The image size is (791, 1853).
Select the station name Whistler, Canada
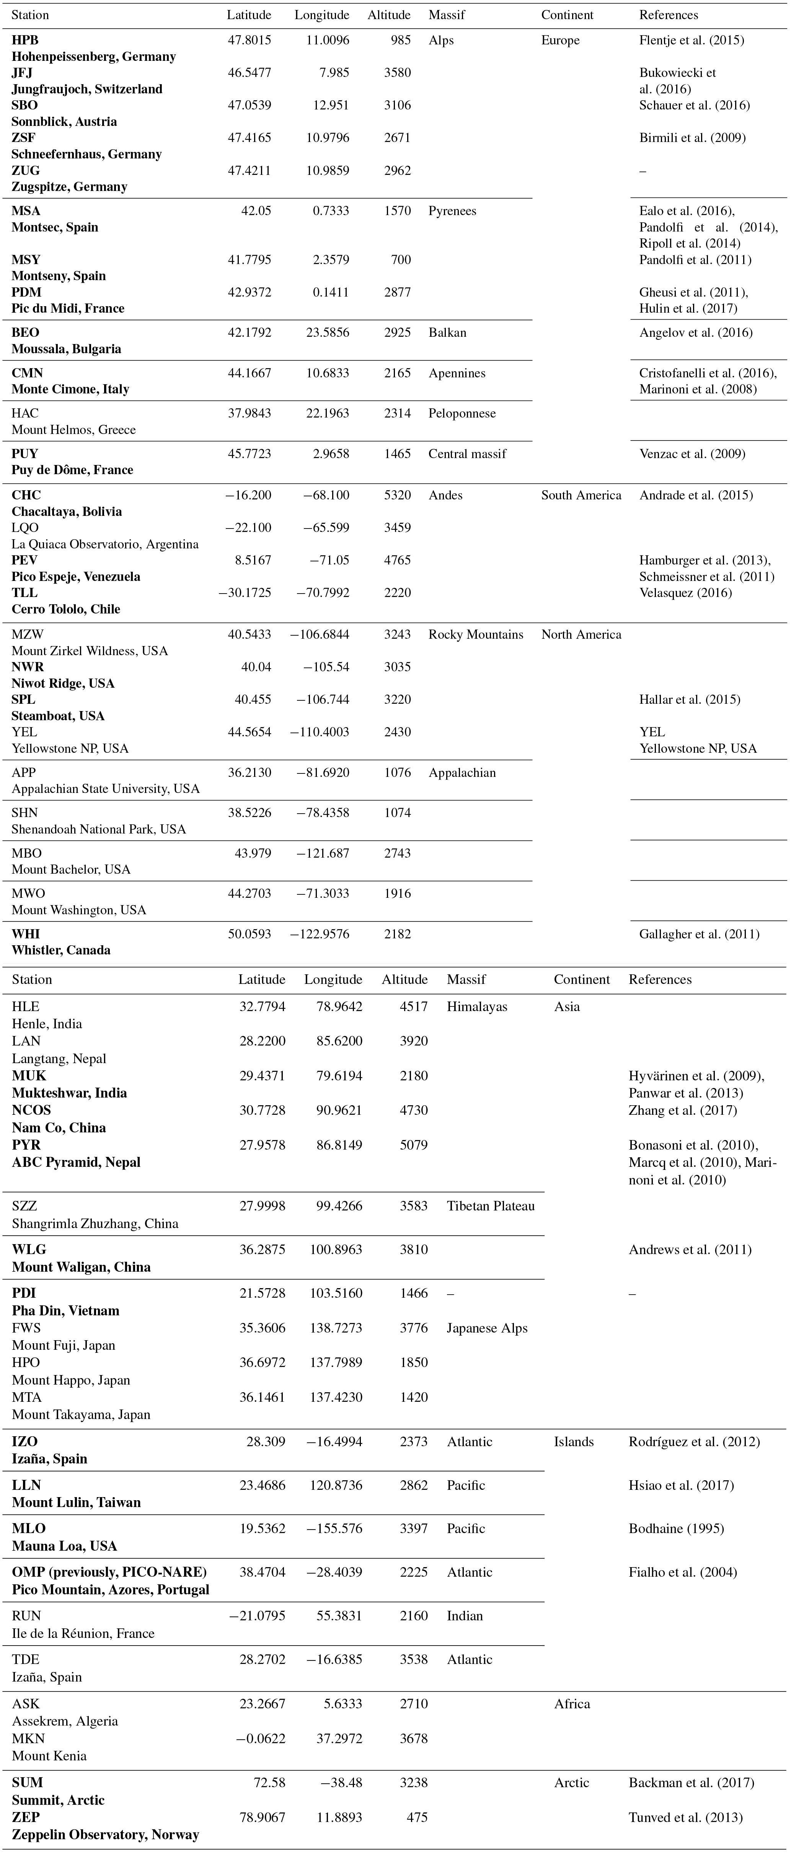tap(61, 950)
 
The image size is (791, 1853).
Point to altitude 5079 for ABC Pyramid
tap(413, 1145)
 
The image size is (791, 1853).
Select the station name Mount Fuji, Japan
tap(63, 1345)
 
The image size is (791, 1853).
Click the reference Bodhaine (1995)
tap(676, 1528)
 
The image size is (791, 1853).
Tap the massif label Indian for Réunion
tap(465, 1616)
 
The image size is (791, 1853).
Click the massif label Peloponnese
tap(462, 414)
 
